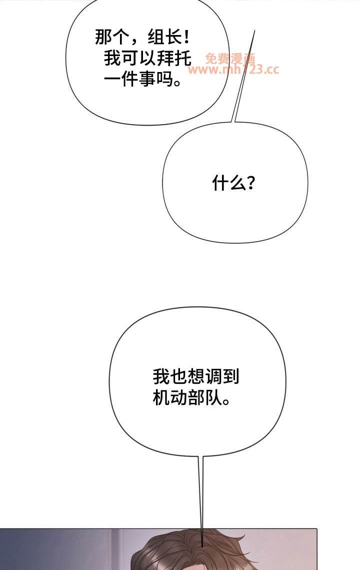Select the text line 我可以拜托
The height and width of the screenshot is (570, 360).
pos(147,58)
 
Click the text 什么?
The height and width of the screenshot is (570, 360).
pos(233,183)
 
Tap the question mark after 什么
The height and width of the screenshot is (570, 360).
pos(250,184)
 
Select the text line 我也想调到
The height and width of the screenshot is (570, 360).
pos(196,377)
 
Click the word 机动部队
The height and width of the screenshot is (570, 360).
pos(187,398)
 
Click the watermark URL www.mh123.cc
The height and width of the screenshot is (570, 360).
pos(233,70)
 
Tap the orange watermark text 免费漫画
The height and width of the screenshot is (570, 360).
pos(230,58)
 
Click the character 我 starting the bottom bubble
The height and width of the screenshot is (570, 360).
pos(161,377)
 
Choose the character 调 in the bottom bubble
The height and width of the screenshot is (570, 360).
pos(213,377)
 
